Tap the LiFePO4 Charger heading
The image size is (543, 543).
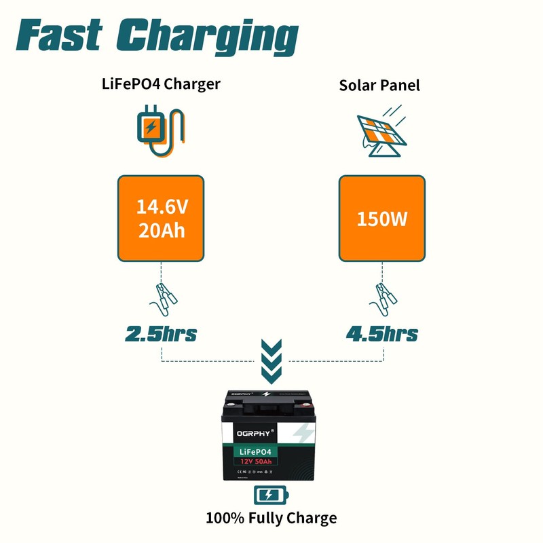pyautogui.click(x=161, y=84)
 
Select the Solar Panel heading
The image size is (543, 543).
pyautogui.click(x=380, y=86)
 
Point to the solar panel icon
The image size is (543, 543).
pyautogui.click(x=381, y=130)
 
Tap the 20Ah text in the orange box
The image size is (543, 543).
pyautogui.click(x=161, y=230)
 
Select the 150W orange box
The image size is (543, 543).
pyautogui.click(x=381, y=219)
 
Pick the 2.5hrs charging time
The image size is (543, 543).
pyautogui.click(x=161, y=334)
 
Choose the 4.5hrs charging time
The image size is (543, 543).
pyautogui.click(x=381, y=334)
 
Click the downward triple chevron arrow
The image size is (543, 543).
pyautogui.click(x=271, y=360)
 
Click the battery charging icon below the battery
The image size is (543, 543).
pyautogui.click(x=271, y=494)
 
